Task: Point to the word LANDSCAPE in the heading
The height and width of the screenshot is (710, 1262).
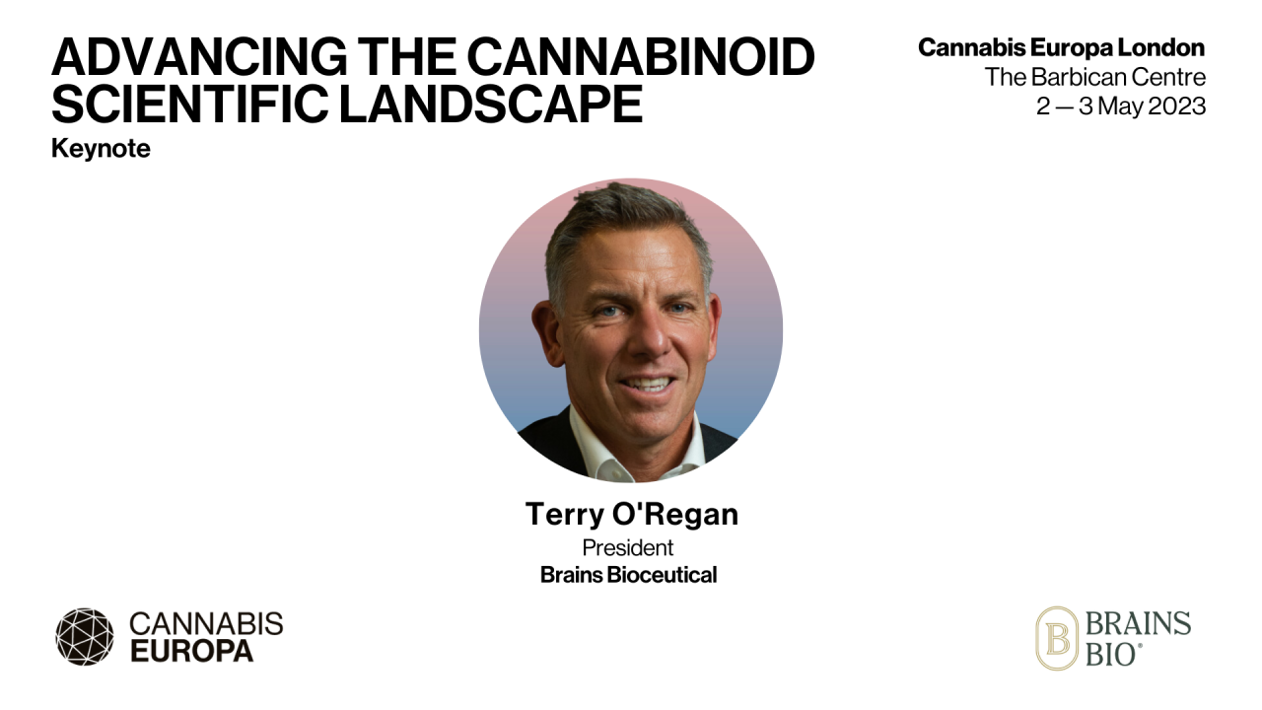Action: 490,104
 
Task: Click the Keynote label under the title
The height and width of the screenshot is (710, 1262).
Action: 101,150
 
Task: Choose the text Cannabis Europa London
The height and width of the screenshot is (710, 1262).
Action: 1061,47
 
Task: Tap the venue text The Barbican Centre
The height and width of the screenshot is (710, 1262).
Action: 1094,77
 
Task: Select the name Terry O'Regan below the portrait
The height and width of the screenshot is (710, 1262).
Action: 631,515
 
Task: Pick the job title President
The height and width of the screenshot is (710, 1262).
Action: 628,547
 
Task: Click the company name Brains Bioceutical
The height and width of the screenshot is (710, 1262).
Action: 628,575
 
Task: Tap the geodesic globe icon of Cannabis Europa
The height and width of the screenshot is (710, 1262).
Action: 85,636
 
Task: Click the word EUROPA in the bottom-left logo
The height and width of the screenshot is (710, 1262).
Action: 191,651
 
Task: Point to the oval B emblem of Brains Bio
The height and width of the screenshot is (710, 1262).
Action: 1056,638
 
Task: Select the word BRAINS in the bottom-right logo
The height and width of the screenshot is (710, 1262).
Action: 1138,624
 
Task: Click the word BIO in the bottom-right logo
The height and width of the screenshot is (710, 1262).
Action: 1112,653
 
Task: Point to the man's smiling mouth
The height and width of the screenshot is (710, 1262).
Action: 648,384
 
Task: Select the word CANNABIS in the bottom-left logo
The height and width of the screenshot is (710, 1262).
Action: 206,623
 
